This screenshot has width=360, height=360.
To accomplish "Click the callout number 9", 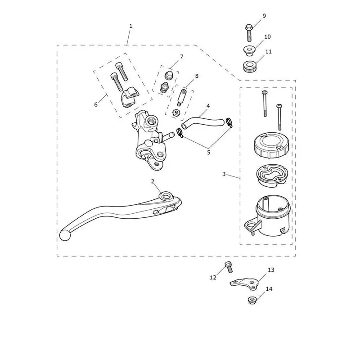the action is (x=264, y=16).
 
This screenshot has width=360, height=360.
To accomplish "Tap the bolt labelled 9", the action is (x=249, y=33).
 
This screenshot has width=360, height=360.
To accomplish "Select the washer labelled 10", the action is (x=249, y=51).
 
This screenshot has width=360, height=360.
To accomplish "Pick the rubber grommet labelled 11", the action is (x=250, y=66).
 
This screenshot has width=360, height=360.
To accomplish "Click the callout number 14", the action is (x=269, y=288).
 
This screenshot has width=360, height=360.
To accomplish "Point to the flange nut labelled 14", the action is (x=252, y=300).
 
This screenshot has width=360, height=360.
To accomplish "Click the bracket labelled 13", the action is (x=244, y=283).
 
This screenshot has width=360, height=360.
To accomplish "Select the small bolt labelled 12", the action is (x=229, y=267).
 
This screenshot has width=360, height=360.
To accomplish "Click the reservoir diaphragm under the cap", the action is (x=271, y=175).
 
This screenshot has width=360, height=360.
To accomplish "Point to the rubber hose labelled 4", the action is (x=202, y=121).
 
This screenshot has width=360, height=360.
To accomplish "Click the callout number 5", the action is (x=208, y=152).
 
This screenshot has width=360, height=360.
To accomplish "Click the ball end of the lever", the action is (x=65, y=235).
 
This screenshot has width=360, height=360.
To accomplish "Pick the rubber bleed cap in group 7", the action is (x=169, y=75).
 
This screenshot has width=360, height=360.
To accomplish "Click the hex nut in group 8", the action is (x=176, y=112).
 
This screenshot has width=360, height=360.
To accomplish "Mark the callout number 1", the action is (x=131, y=26).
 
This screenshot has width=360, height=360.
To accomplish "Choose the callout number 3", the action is (x=224, y=174).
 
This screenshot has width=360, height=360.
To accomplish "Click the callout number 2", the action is (x=153, y=181).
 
